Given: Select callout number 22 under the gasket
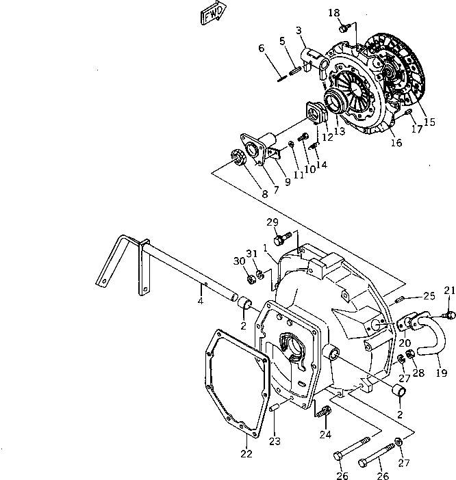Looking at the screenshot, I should tap(246, 453).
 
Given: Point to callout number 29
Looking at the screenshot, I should tap(273, 223).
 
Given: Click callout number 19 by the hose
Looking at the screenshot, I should tap(442, 373).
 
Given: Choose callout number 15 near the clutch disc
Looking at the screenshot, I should tap(429, 122).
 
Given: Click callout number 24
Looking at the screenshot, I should tap(324, 434).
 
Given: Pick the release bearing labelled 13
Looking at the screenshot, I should tap(336, 104).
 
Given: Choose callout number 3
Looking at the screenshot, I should tap(299, 30).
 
